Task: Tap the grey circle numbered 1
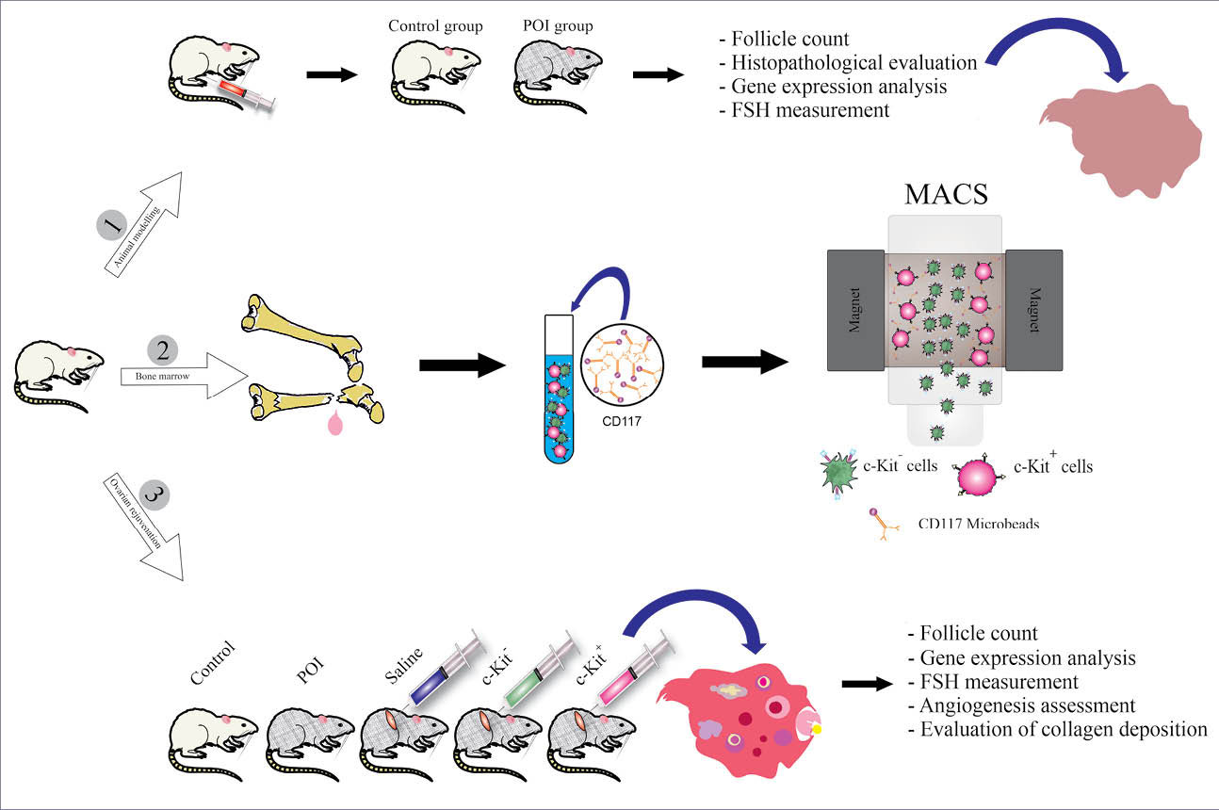point(111,227)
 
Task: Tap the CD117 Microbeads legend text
point(979,523)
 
